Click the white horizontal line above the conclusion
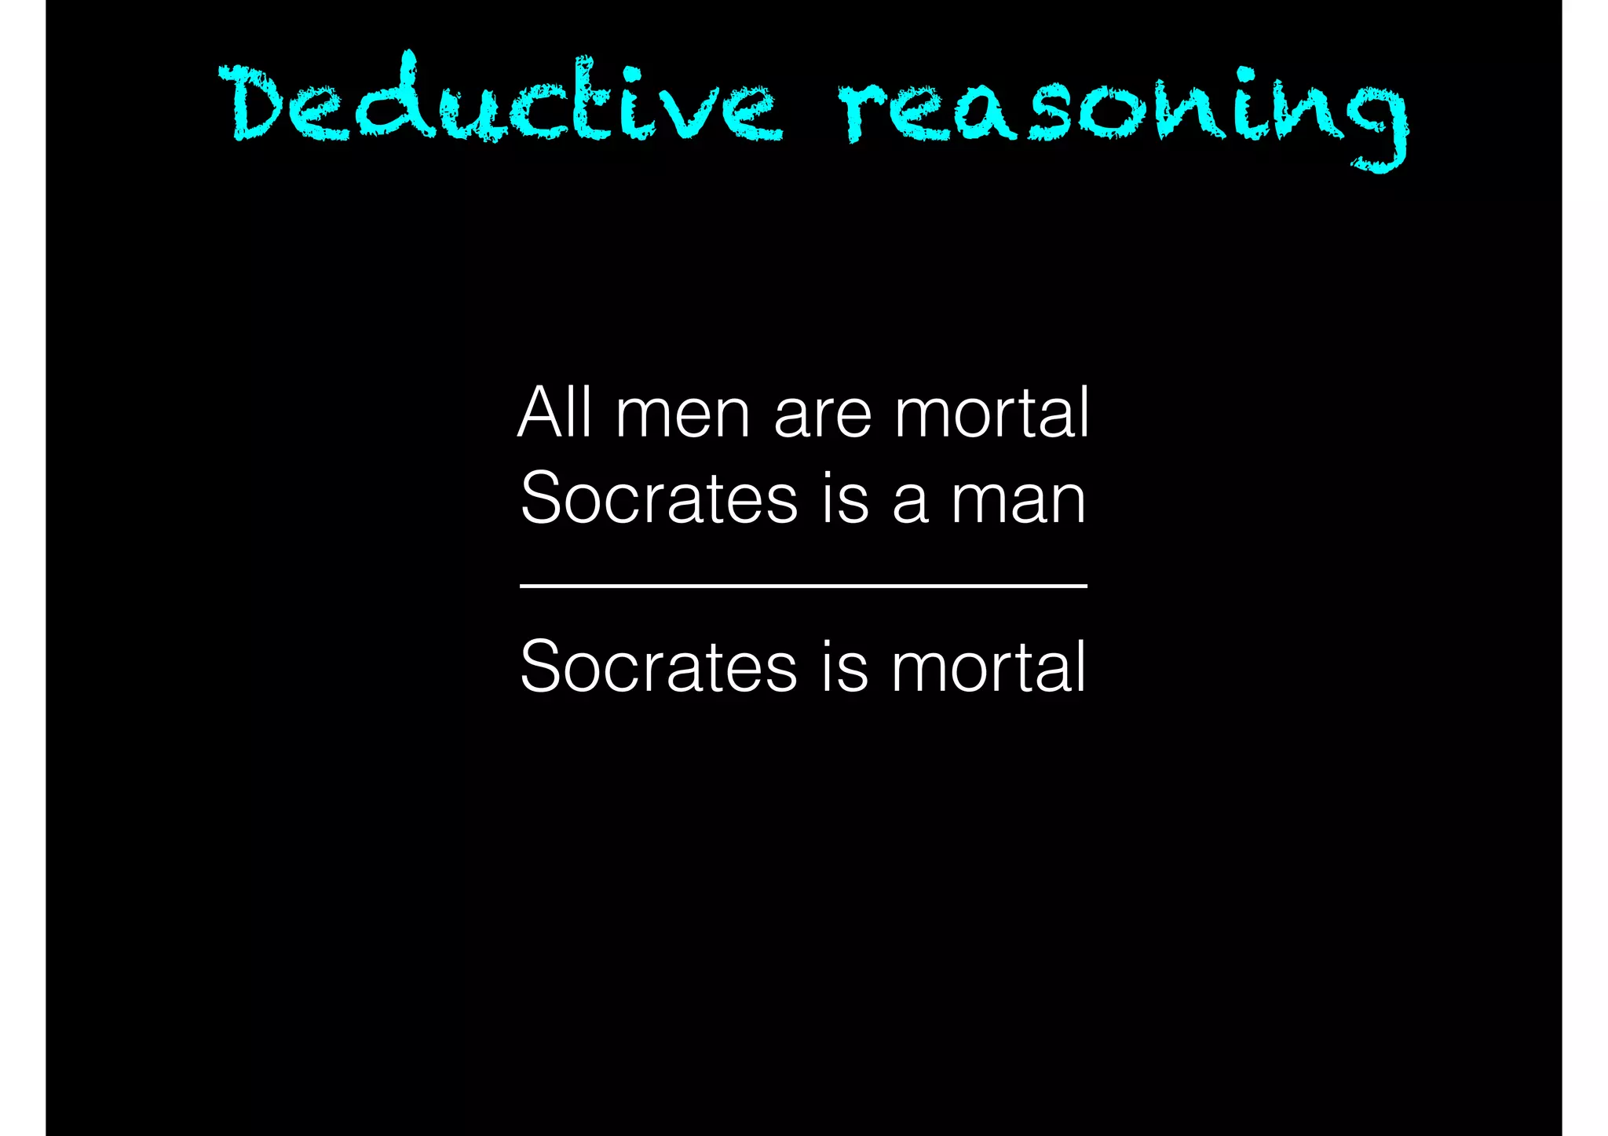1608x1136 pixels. tap(803, 586)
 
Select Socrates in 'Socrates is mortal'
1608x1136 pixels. tap(659, 667)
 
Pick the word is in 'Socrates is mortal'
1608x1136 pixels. tap(845, 667)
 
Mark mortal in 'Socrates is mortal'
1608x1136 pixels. tap(989, 667)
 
